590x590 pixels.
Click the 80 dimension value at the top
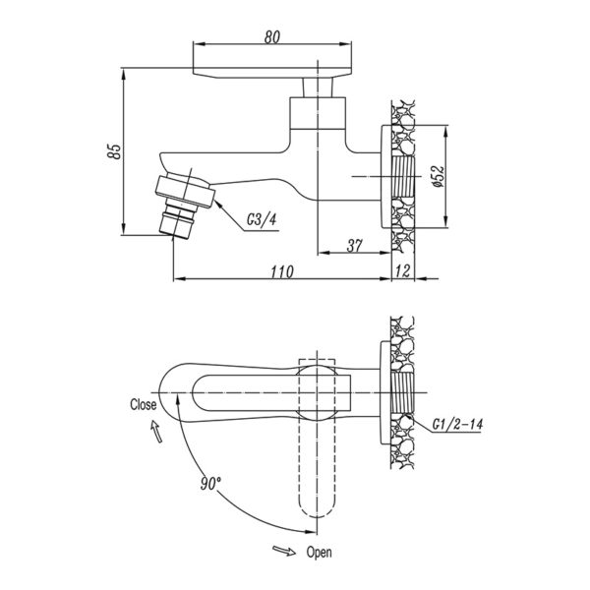click(272, 37)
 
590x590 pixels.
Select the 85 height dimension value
click(115, 151)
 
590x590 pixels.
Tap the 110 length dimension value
click(282, 271)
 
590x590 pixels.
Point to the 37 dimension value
click(354, 246)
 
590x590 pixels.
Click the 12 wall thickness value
click(402, 271)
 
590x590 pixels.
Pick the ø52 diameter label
click(438, 176)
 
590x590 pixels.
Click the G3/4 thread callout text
click(262, 219)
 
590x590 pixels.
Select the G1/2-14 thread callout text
click(457, 425)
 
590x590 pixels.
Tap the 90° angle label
click(210, 484)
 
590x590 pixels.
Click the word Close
click(143, 404)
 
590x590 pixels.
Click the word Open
click(319, 553)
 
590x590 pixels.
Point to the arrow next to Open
click(284, 551)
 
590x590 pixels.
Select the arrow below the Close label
click(157, 432)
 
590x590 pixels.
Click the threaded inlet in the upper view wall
click(403, 176)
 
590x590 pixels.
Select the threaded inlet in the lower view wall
click(402, 392)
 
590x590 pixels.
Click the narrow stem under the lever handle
click(318, 88)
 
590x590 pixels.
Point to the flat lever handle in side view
click(272, 73)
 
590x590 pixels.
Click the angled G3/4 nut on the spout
click(185, 192)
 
